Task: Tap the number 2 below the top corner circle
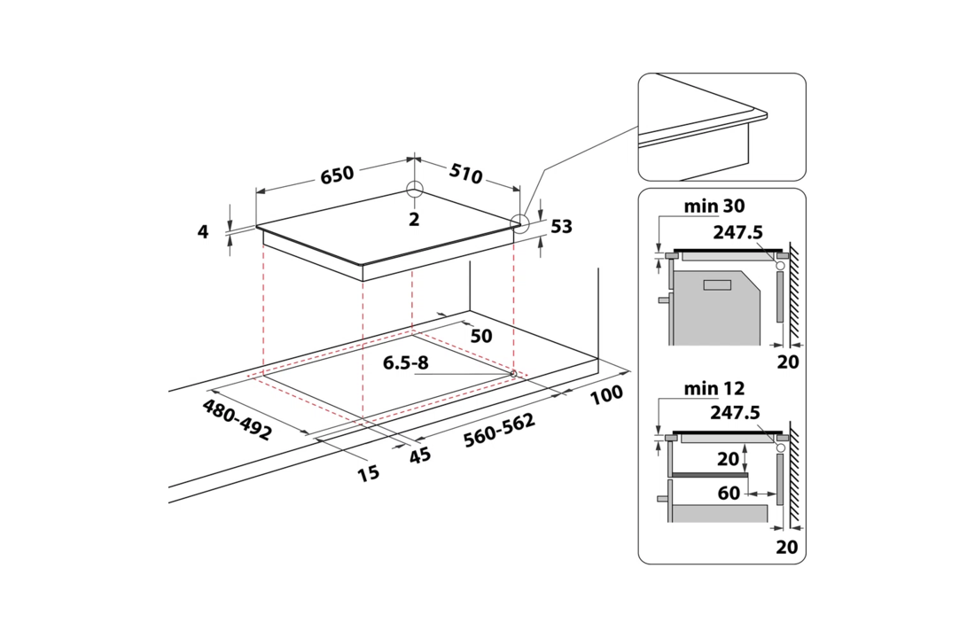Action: click(413, 219)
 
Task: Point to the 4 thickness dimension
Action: click(203, 232)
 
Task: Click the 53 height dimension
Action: click(561, 227)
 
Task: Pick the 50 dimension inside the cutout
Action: click(481, 336)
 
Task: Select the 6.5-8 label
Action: click(407, 363)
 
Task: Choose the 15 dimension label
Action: click(368, 473)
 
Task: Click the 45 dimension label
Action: click(419, 455)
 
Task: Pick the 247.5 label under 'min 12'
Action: click(737, 412)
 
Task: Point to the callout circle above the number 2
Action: click(414, 191)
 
